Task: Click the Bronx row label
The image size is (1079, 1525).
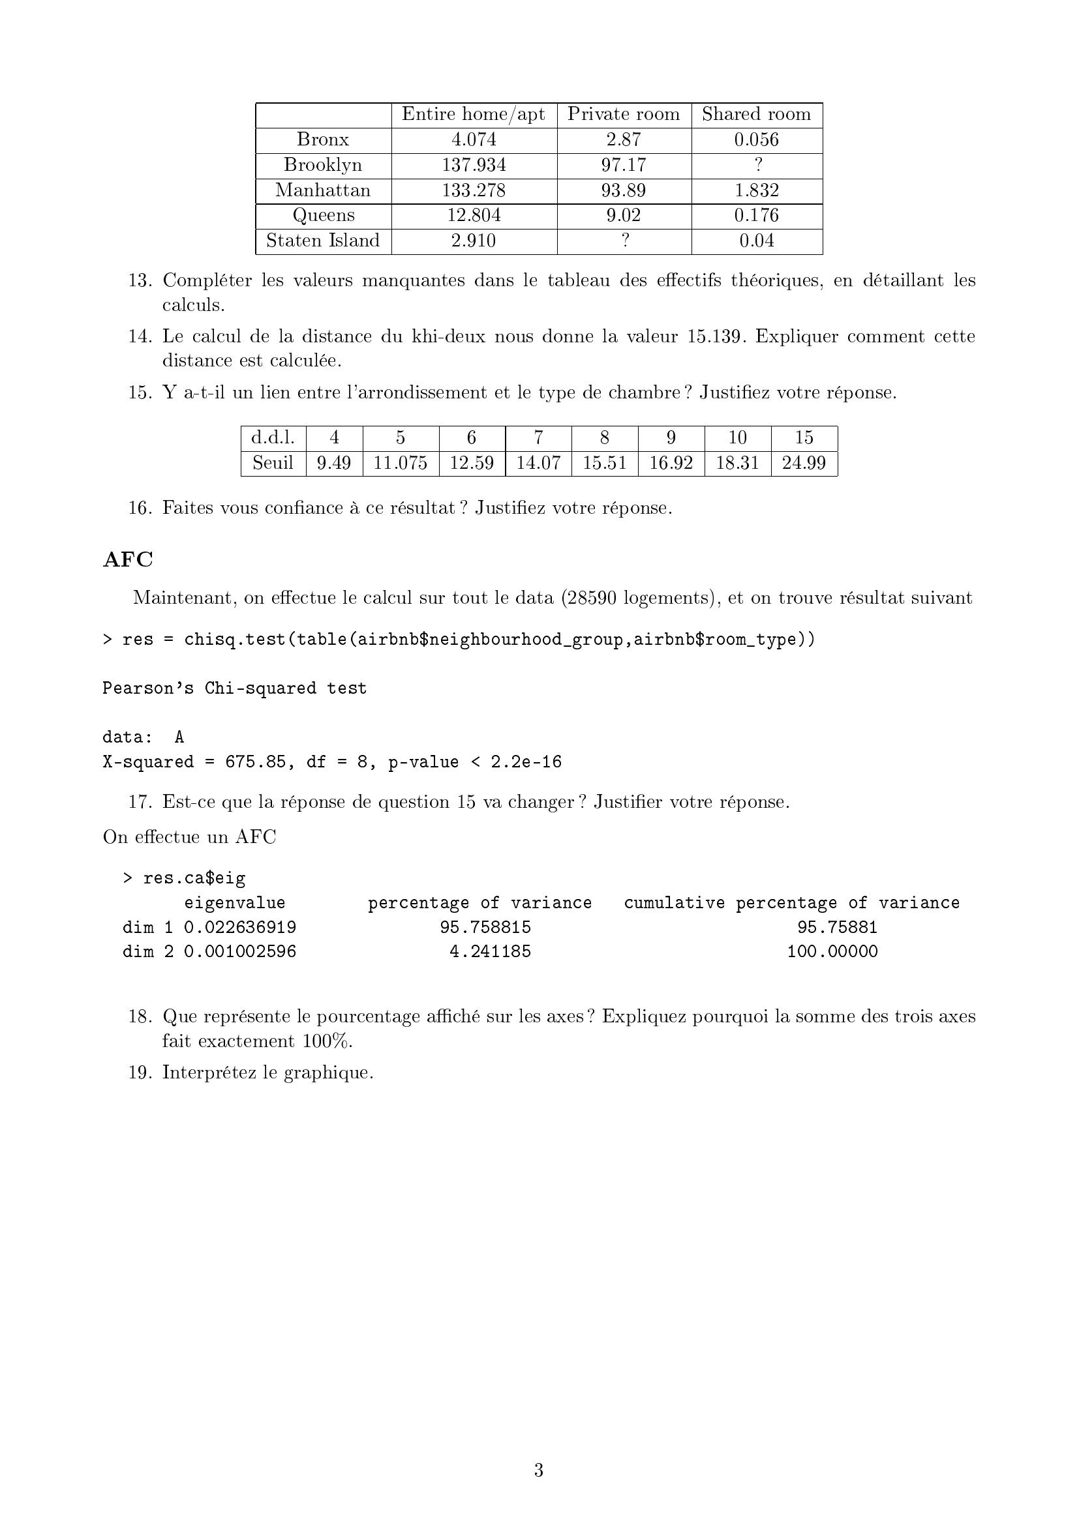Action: [323, 140]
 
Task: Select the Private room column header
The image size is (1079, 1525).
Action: [623, 114]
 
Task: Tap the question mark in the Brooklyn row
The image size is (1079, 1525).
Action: [757, 165]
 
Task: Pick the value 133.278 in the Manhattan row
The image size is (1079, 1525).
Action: [474, 190]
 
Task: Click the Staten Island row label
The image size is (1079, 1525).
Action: [323, 241]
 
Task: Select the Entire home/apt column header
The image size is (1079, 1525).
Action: [473, 114]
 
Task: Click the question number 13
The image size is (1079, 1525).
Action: [140, 280]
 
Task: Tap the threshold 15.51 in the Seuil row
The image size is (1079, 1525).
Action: [605, 463]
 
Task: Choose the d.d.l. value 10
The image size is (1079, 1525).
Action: [738, 437]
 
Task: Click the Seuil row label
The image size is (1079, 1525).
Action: [273, 463]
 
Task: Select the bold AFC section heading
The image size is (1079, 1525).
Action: [128, 559]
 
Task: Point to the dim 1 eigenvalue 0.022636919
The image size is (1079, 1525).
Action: [240, 927]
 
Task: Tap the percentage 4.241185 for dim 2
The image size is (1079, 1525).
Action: [490, 952]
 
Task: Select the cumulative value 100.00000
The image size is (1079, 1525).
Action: [832, 952]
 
